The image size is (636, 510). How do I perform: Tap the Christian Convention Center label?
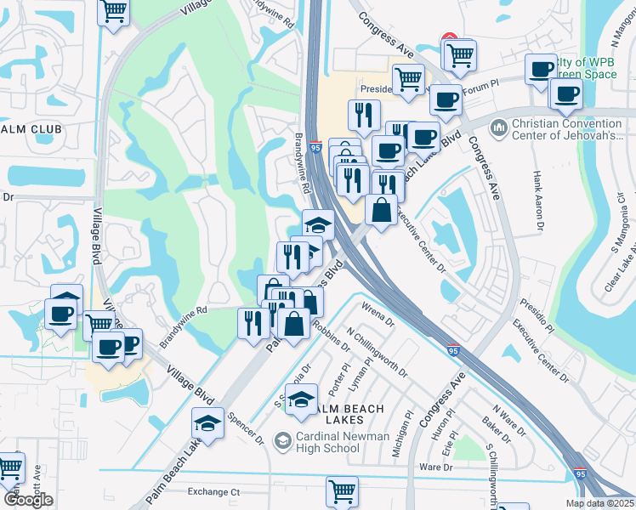pyautogui.click(x=568, y=129)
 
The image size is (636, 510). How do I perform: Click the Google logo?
pyautogui.click(x=28, y=500)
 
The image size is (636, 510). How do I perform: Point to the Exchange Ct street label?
pyautogui.click(x=214, y=491)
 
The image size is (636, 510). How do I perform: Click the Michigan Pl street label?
pyautogui.click(x=402, y=439)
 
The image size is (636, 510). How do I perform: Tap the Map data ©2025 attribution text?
pyautogui.click(x=599, y=503)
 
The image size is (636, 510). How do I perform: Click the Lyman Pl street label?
pyautogui.click(x=361, y=376)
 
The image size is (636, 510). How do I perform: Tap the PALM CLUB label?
pyautogui.click(x=31, y=129)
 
